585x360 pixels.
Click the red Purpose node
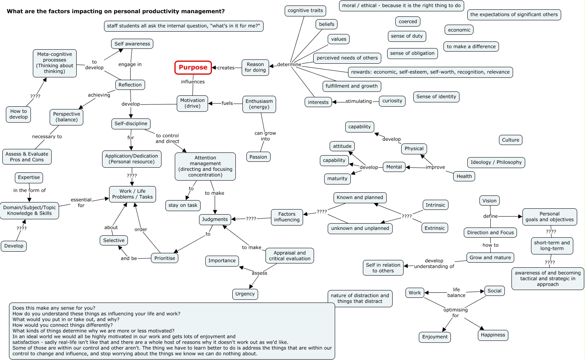pyautogui.click(x=193, y=67)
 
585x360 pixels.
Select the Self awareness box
pyautogui.click(x=132, y=44)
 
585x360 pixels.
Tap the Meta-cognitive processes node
pyautogui.click(x=55, y=63)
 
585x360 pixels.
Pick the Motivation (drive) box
pyautogui.click(x=192, y=103)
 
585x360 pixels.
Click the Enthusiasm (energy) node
pyautogui.click(x=259, y=104)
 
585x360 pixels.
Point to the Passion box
pyautogui.click(x=258, y=157)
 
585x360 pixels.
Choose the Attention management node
pyautogui.click(x=205, y=166)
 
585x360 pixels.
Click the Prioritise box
pyautogui.click(x=165, y=258)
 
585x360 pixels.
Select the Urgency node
pyautogui.click(x=245, y=294)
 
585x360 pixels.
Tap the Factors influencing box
pyautogui.click(x=287, y=217)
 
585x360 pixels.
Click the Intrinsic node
pyautogui.click(x=435, y=205)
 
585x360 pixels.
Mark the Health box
pyautogui.click(x=464, y=176)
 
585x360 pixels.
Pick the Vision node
pyautogui.click(x=489, y=201)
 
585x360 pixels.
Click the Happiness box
pyautogui.click(x=493, y=335)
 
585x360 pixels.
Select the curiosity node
pyautogui.click(x=392, y=101)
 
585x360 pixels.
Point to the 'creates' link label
pyautogui.click(x=226, y=68)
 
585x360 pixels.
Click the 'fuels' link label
pyautogui.click(x=227, y=103)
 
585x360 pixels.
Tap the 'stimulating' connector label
pyautogui.click(x=359, y=101)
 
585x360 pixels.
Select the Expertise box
pyautogui.click(x=29, y=177)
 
